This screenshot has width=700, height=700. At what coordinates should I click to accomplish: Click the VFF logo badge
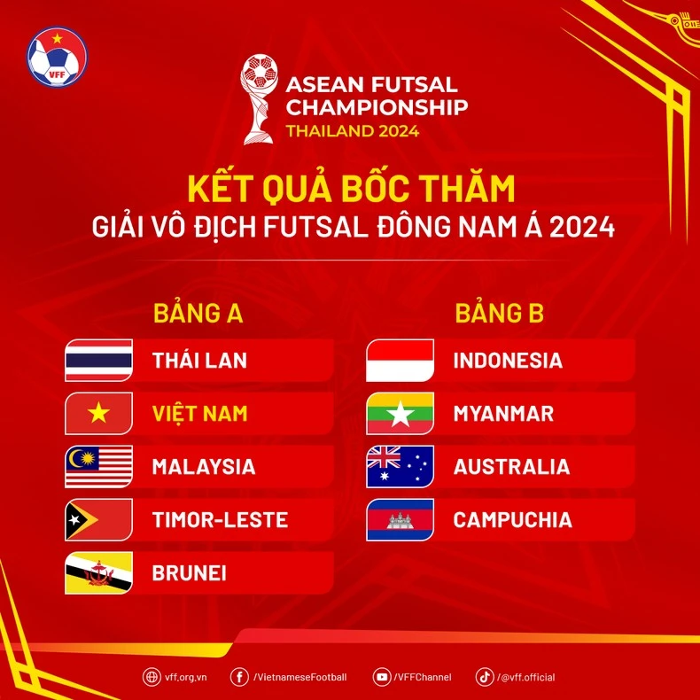coord(58,56)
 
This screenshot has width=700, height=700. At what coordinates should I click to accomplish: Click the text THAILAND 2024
coord(352,131)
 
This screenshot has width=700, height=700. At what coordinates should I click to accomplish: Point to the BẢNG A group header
coord(198,314)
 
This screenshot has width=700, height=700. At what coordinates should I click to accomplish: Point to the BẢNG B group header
coord(499,314)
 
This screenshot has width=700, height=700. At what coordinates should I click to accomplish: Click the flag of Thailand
coord(99,361)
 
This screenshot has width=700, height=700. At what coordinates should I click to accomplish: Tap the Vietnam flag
coord(99,414)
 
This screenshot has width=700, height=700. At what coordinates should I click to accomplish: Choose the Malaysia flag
coord(99,467)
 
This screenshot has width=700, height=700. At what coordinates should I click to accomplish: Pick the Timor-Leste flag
coord(99,520)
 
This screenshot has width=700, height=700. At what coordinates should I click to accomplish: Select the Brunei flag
coord(99,573)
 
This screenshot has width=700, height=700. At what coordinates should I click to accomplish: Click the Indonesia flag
coord(401,361)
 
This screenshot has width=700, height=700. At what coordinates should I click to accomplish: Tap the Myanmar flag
coord(401,414)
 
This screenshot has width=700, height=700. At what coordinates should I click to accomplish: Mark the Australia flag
coord(401,467)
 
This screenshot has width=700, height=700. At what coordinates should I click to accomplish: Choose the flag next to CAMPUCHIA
coord(401,520)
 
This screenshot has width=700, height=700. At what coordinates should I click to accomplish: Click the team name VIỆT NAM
coord(199,414)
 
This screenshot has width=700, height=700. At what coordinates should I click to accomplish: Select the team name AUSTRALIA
coord(511,467)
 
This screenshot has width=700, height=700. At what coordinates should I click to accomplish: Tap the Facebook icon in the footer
coord(239,677)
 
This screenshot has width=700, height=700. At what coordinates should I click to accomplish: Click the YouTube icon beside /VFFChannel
coord(382,677)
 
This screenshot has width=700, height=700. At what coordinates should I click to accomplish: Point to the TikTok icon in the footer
coord(485,677)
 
